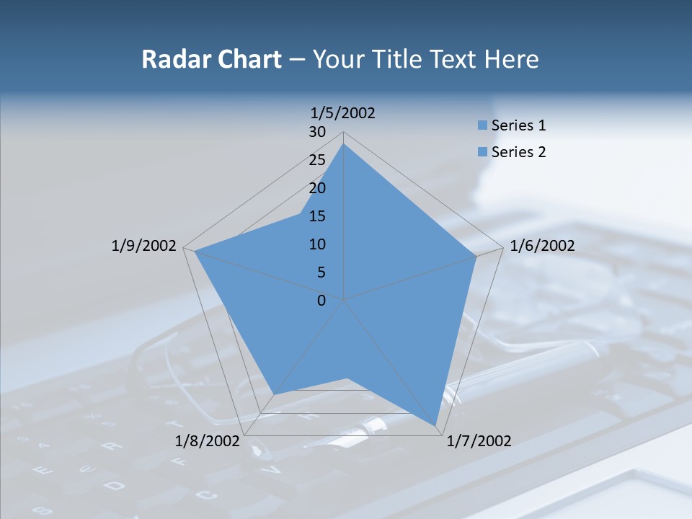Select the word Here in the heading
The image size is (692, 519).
511,59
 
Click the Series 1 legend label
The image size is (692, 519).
518,125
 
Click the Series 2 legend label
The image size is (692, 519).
518,152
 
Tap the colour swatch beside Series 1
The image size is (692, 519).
482,125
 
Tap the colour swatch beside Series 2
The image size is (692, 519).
482,152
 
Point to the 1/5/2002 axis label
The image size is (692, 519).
343,113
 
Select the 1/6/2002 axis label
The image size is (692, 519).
542,246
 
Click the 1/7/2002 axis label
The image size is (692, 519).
479,441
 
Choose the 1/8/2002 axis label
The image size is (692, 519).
208,441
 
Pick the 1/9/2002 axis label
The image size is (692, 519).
144,246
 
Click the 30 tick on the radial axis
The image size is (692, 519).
317,132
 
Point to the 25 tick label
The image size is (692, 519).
317,160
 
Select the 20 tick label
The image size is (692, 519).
317,188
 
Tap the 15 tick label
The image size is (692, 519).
317,216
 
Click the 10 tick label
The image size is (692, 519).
317,244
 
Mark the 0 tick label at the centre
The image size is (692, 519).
321,301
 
